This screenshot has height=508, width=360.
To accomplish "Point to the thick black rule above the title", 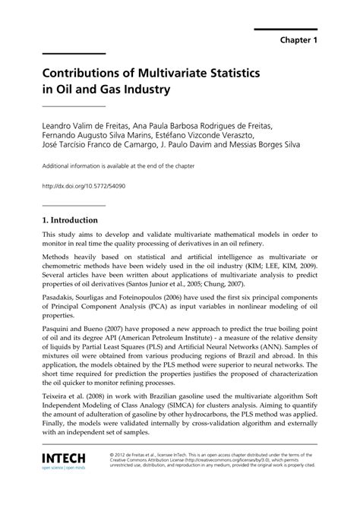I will (74, 53).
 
